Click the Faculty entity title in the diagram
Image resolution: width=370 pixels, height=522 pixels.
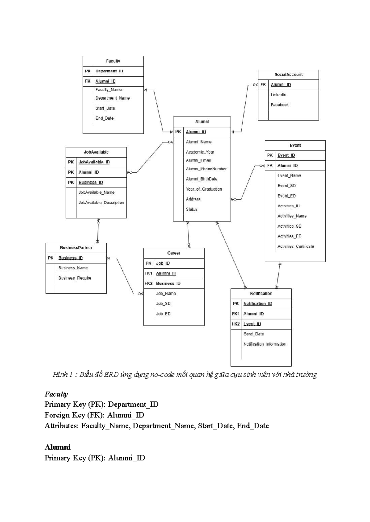click(113, 61)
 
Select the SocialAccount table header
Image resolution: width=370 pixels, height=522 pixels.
click(289, 75)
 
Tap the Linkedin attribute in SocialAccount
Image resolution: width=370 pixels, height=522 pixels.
click(278, 95)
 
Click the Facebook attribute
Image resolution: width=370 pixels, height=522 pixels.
click(280, 105)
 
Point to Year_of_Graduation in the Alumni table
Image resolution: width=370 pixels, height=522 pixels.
click(204, 189)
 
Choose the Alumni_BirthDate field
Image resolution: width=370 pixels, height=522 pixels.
click(201, 179)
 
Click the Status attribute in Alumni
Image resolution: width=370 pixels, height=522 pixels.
click(191, 209)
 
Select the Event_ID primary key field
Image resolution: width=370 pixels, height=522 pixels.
click(286, 155)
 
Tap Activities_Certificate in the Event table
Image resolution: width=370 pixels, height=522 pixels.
click(296, 246)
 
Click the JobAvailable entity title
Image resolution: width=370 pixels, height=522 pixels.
click(96, 152)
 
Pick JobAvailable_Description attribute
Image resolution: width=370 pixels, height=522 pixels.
click(101, 202)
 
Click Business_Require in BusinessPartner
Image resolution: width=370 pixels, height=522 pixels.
click(75, 278)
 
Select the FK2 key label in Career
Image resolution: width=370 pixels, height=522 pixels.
click(149, 283)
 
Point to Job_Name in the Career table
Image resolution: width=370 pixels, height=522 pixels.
click(166, 294)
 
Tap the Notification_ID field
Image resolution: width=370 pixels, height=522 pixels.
click(258, 304)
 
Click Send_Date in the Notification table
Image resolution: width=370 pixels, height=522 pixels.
click(253, 334)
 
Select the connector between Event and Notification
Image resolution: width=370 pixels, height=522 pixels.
click(278, 275)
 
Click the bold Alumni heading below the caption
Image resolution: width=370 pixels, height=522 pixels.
click(58, 447)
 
